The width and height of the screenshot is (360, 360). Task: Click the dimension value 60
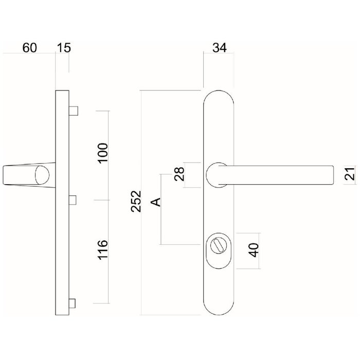click(x=30, y=48)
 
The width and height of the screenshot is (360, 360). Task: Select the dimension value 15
click(x=64, y=48)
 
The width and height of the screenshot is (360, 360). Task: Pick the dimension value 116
click(x=103, y=250)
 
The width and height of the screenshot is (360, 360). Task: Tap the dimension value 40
click(x=253, y=250)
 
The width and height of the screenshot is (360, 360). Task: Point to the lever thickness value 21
click(x=350, y=175)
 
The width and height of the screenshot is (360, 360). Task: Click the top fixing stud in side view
click(x=74, y=111)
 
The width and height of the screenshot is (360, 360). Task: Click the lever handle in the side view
click(x=26, y=175)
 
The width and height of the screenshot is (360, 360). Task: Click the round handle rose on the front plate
click(x=217, y=175)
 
